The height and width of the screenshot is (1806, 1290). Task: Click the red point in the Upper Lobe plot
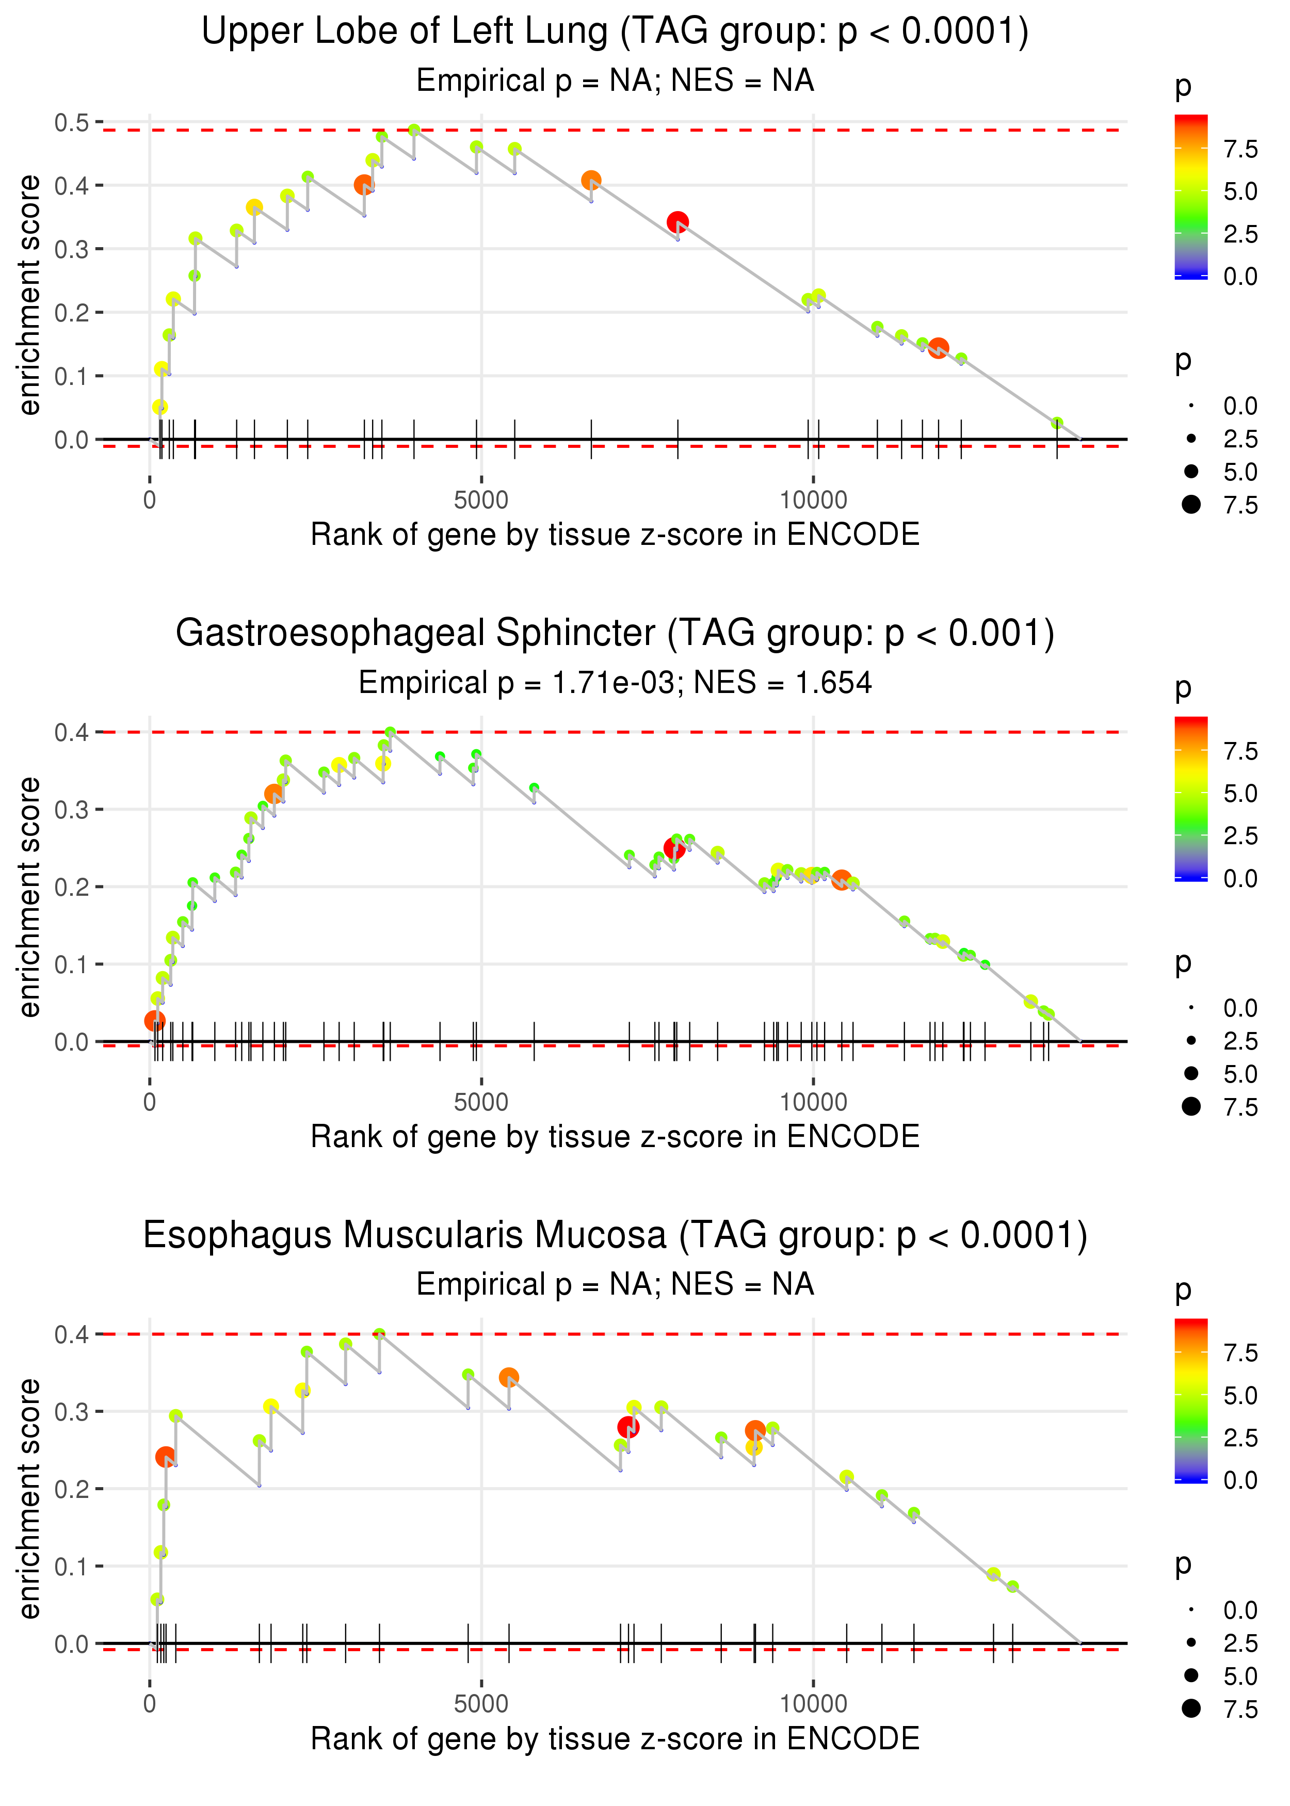677,222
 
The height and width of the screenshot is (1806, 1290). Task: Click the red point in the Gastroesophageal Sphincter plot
674,849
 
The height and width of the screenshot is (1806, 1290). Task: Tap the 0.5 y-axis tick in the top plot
72,123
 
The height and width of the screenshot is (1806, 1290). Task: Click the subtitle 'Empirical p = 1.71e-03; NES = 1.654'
615,683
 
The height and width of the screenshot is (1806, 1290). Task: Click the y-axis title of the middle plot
29,897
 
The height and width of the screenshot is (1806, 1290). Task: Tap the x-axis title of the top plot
615,535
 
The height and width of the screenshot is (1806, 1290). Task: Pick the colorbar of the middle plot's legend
1191,798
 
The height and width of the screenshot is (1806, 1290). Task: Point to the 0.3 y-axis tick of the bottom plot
72,1411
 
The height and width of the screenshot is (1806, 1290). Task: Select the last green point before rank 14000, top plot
1056,423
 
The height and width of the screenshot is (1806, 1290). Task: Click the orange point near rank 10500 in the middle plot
841,880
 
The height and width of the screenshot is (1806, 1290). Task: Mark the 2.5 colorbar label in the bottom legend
1240,1438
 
